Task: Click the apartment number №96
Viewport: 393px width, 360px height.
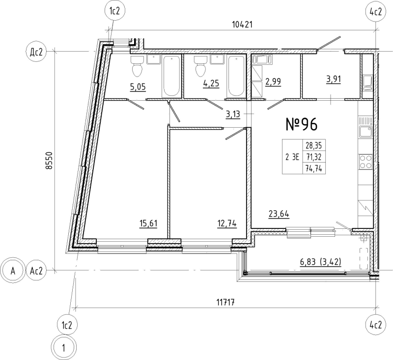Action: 302,125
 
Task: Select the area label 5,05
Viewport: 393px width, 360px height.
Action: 138,87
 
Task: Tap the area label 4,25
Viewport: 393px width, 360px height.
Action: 211,83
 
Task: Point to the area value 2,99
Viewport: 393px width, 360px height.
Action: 274,82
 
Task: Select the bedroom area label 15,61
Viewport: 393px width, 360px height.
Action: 148,224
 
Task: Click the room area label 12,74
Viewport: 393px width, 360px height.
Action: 226,224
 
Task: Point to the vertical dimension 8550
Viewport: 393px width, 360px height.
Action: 47,160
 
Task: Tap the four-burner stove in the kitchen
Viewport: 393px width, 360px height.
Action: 365,162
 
